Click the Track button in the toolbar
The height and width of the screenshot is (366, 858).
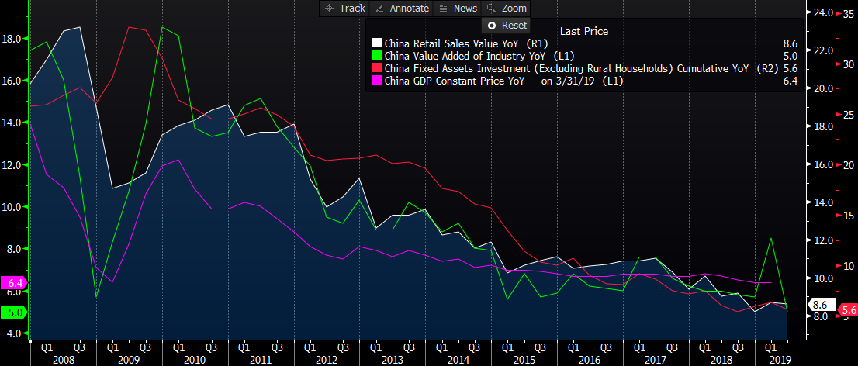point(344,8)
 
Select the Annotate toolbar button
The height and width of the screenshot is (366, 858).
point(403,8)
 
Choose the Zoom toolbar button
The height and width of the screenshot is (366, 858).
point(507,8)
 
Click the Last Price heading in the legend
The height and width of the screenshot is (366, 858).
point(583,31)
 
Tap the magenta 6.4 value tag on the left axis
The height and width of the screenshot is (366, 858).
point(15,282)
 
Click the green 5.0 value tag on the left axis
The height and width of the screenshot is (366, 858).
point(15,312)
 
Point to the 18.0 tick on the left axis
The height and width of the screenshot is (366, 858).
point(12,38)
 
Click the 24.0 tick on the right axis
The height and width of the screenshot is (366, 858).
point(822,13)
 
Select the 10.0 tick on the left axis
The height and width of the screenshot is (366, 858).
point(12,207)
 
